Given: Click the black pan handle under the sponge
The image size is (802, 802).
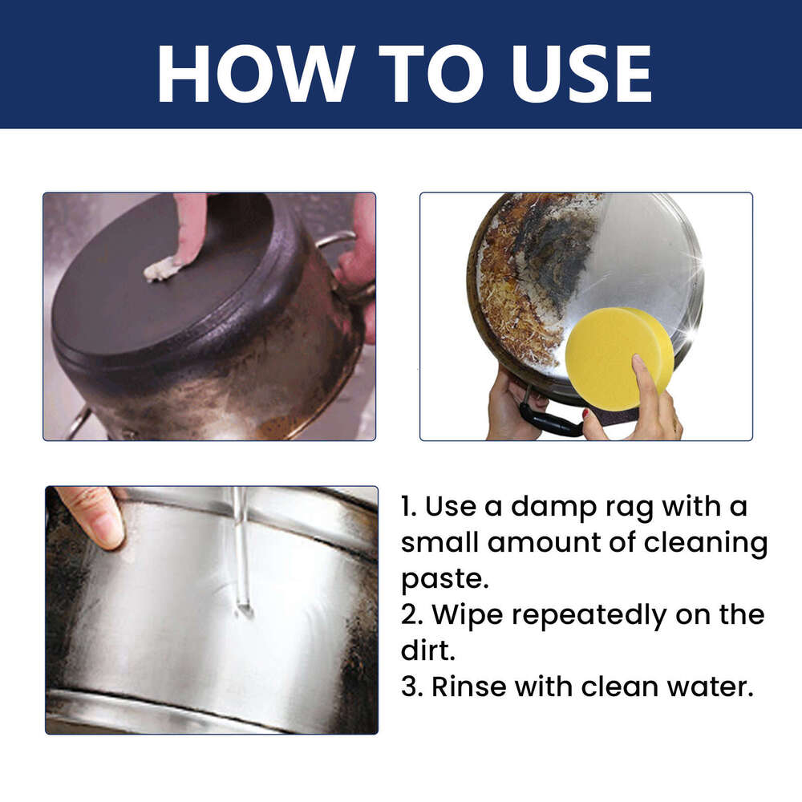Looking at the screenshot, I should tap(549, 419).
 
